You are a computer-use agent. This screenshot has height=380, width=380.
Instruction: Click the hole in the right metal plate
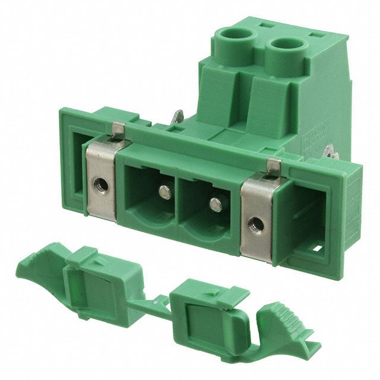point(256,224)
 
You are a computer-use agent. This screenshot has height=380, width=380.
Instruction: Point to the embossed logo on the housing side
point(323,140)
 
